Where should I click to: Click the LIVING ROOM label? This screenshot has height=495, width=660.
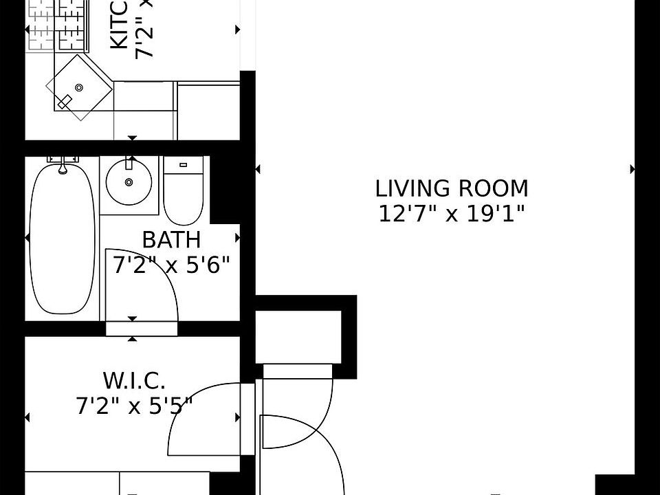pyautogui.click(x=452, y=188)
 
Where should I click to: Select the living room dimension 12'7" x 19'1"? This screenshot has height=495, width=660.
pyautogui.click(x=452, y=214)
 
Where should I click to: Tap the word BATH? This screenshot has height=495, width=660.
pyautogui.click(x=171, y=240)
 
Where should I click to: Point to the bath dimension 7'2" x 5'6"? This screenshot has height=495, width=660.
pyautogui.click(x=171, y=265)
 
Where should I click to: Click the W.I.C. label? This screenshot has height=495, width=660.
pyautogui.click(x=134, y=380)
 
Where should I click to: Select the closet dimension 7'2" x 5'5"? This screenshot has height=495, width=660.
pyautogui.click(x=134, y=406)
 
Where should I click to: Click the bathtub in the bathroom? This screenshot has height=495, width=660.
pyautogui.click(x=62, y=237)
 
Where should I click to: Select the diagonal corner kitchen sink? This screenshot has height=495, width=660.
pyautogui.click(x=78, y=88)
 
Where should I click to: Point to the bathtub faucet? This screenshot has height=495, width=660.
pyautogui.click(x=63, y=164)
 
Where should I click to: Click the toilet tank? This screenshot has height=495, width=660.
pyautogui.click(x=184, y=165)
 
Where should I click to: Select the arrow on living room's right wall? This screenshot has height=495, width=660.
pyautogui.click(x=632, y=169)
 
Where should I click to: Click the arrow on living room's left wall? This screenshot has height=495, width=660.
pyautogui.click(x=258, y=169)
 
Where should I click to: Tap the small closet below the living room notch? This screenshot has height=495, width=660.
pyautogui.click(x=298, y=337)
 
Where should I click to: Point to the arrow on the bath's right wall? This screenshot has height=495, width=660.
pyautogui.click(x=238, y=238)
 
